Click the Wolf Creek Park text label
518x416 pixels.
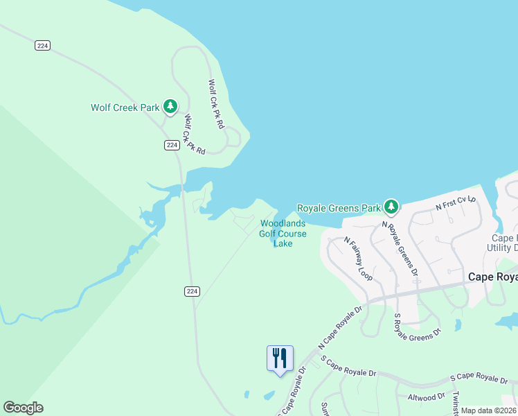pos(125,107)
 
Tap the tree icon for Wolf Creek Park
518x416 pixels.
pos(170,107)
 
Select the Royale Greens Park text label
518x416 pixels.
pos(339,207)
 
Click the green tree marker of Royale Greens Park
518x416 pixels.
pos(391,207)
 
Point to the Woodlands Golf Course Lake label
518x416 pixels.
pos(282,233)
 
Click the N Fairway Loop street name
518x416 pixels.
pos(358,259)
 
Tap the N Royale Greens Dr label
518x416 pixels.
pos(401,248)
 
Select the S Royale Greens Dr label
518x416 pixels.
pos(417,327)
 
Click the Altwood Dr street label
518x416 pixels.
pos(426,397)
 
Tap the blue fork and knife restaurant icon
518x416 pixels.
pos(280,359)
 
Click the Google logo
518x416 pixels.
pos(23,408)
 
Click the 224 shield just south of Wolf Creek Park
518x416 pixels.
pos(172,145)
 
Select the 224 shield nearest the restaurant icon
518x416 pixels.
pos(193,292)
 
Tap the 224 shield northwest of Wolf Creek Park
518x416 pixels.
pos(43,46)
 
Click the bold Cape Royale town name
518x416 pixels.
pos(492,277)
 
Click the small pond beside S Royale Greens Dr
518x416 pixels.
pos(457,324)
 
